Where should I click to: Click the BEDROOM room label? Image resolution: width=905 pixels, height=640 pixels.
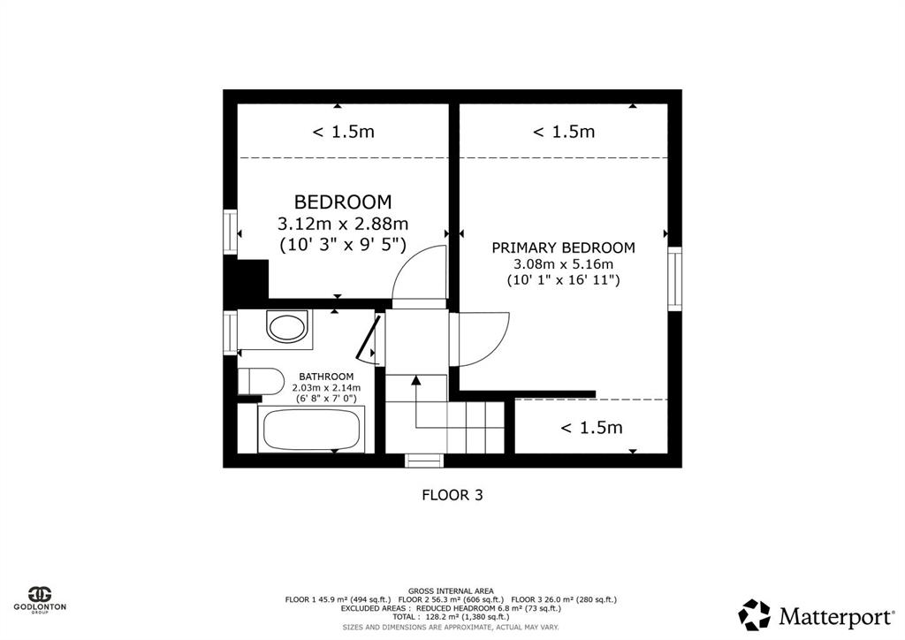343,202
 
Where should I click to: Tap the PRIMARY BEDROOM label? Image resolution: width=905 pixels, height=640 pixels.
563,248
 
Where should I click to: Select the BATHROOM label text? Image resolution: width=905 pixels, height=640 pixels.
326,377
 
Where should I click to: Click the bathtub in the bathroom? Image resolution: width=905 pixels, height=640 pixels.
312,429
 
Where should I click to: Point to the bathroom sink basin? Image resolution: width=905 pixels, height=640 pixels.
286,327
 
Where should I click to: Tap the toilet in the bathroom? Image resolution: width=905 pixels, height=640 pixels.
261,382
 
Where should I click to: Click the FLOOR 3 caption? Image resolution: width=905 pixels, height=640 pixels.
452,495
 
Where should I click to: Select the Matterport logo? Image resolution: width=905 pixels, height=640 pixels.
816,615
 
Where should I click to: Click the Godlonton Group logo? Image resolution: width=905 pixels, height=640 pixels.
40,599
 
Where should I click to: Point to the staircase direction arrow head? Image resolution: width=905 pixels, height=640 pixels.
415,379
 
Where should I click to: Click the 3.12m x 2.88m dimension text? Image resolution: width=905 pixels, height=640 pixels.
343,224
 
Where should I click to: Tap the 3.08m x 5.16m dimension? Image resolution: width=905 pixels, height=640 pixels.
563,264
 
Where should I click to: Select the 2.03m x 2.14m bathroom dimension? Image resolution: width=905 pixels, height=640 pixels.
326,387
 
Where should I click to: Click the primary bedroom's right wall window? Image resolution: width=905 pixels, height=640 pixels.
674,278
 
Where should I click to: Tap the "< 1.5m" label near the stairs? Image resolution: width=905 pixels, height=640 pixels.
591,428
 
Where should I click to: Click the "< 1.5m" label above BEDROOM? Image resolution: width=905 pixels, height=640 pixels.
344,132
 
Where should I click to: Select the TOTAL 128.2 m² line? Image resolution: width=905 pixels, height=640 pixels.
451,616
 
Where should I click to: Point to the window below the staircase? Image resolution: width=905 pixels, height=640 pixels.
424,461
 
